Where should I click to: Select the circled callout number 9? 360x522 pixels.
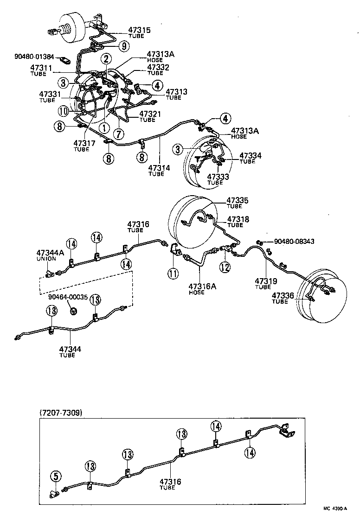coord(123,45)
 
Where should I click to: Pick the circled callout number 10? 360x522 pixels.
coord(63,111)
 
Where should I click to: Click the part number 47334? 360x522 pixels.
coord(251,156)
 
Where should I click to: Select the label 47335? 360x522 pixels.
coord(238,201)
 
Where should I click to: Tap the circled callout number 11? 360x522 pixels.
coord(173,274)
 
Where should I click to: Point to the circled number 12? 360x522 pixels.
coord(225,267)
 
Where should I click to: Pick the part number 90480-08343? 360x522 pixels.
coord(294,242)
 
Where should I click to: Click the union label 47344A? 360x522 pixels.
coord(50,253)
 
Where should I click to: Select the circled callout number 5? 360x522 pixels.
coord(55,476)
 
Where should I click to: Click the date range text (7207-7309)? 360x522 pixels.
coord(61,413)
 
